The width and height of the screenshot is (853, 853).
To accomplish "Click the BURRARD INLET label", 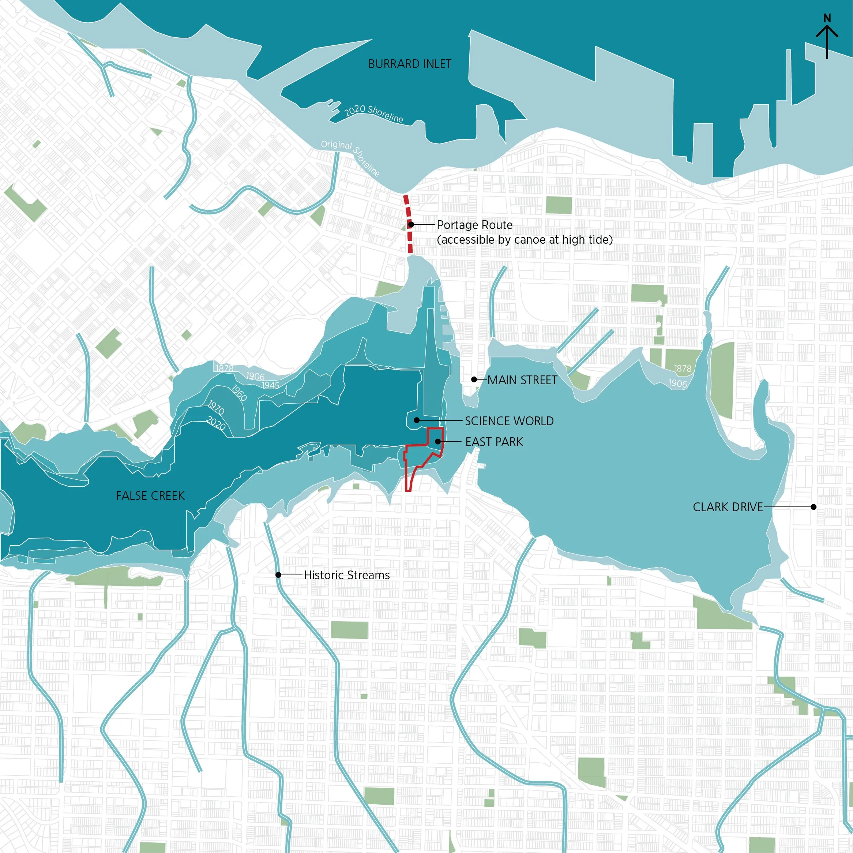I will coord(409,64).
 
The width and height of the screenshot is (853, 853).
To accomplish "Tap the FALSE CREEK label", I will coord(150,495).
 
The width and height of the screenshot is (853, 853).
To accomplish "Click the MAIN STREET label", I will coord(522,380).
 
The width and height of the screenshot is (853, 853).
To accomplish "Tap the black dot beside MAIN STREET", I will coord(474,379).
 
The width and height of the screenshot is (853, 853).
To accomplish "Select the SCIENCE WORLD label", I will coord(509,421).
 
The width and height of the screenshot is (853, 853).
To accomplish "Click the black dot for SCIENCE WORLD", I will coord(416,420).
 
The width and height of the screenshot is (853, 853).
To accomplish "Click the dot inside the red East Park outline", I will coord(437,441).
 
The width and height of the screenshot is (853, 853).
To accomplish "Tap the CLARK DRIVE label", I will coord(727,507).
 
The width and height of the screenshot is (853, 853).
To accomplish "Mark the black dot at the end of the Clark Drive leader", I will coord(813,507).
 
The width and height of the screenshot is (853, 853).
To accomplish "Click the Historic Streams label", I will coord(347,575).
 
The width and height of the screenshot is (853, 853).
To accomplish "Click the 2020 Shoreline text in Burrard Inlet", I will coord(373,113).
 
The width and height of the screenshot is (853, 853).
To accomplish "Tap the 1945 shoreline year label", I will coord(270,385).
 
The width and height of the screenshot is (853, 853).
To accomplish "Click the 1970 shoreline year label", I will coord(216,407).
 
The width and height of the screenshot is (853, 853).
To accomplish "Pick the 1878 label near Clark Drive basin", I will coord(683,368).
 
